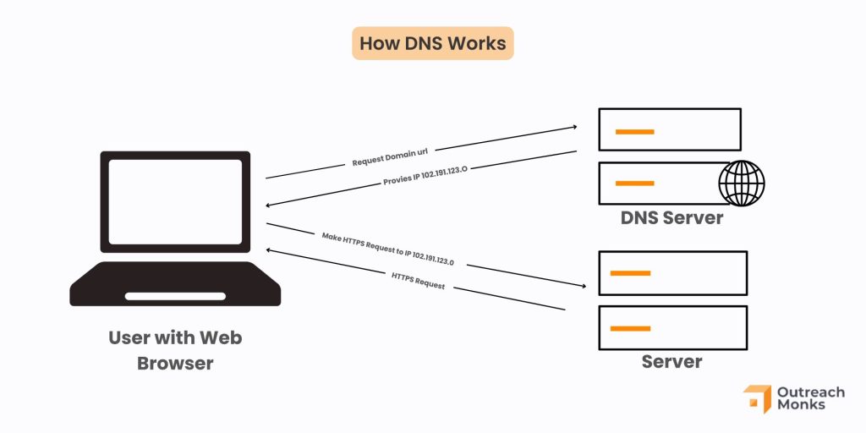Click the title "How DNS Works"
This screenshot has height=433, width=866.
[x=432, y=43]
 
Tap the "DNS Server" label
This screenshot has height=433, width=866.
[x=671, y=217]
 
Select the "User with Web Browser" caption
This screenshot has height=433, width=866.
[x=175, y=350]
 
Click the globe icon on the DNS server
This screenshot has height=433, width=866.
[x=741, y=183]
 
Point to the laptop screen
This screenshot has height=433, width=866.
[x=175, y=201]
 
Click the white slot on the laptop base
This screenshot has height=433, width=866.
[x=175, y=296]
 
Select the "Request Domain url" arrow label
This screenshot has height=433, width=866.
[x=391, y=156]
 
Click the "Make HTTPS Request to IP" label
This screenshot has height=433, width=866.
[x=387, y=249]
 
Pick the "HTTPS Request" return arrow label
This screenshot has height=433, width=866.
[x=418, y=281]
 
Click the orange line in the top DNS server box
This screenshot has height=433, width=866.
[x=634, y=131]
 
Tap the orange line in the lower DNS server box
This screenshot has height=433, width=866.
[x=634, y=184]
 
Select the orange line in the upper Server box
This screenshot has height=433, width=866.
[x=630, y=273]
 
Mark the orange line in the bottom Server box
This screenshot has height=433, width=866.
[x=630, y=328]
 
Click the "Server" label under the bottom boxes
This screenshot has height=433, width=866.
[x=671, y=362]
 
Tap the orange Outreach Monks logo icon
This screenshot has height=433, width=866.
[x=756, y=399]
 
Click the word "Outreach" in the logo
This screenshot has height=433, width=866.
[x=811, y=392]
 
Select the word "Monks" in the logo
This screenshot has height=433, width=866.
[x=801, y=406]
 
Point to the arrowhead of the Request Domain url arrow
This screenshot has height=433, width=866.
[x=573, y=128]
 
